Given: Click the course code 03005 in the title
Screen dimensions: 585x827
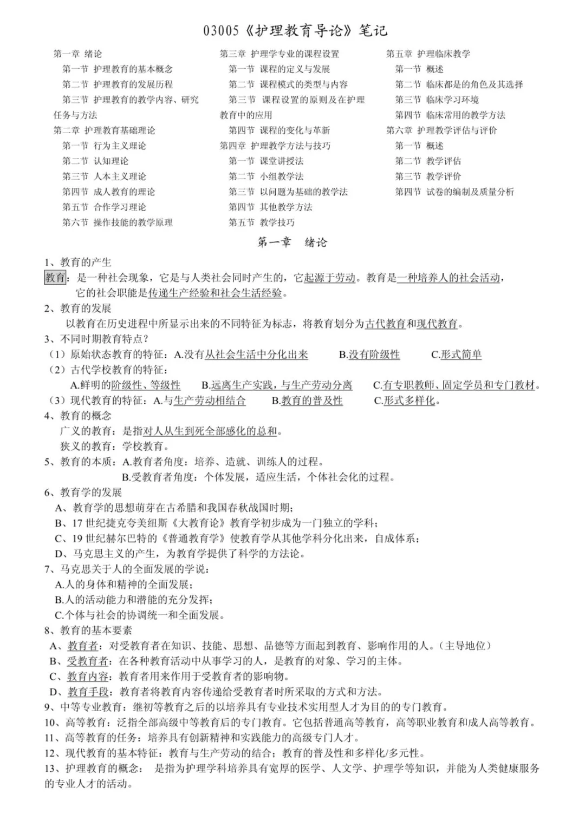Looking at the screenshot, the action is (x=220, y=31).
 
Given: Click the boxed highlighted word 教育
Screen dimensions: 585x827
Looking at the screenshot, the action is (x=55, y=278).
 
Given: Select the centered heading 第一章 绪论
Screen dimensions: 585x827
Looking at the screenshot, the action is (x=292, y=242).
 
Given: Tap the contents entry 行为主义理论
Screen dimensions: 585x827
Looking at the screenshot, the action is (x=120, y=146).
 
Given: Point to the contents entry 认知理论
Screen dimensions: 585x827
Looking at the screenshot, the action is (x=111, y=161).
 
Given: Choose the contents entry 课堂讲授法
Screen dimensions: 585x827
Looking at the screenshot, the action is (x=282, y=161).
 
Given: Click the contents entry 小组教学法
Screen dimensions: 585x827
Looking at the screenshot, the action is (x=282, y=176).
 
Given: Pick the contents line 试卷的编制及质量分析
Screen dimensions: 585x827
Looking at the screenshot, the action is (x=470, y=192).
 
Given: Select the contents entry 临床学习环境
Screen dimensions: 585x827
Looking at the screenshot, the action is (x=452, y=100).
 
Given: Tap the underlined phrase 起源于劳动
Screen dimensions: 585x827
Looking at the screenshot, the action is (x=330, y=278).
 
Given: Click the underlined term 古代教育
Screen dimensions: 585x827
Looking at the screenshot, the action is (x=385, y=324).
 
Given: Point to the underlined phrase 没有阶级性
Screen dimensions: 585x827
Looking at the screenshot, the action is (x=374, y=355).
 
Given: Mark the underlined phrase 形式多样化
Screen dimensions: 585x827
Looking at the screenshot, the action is (x=409, y=401).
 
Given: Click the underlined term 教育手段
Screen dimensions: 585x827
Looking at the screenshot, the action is (x=88, y=692).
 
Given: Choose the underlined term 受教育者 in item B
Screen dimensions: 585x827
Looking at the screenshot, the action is (x=88, y=661).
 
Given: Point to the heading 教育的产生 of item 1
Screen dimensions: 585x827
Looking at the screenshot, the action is (x=86, y=262).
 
